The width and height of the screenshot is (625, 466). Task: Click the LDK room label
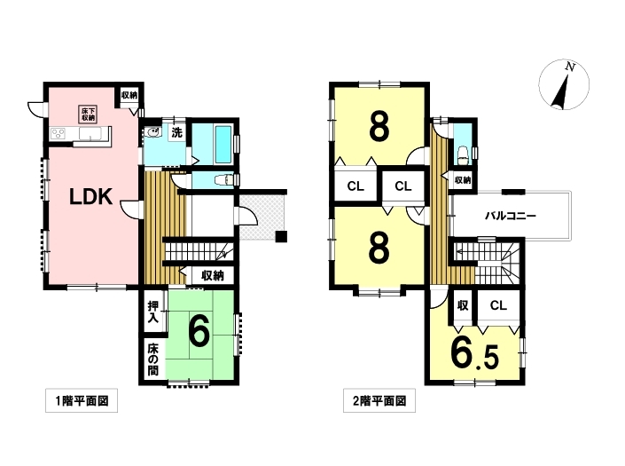tap(91, 197)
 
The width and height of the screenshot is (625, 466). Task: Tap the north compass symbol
tap(564, 84)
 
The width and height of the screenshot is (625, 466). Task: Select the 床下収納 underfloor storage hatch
tap(88, 115)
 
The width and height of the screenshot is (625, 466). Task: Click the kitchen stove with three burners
tap(59, 133)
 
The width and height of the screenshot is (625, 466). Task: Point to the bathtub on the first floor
tap(223, 145)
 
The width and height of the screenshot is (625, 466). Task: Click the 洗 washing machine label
tap(176, 132)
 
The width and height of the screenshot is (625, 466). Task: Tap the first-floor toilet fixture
tap(223, 180)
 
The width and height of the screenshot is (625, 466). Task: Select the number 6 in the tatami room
tap(199, 333)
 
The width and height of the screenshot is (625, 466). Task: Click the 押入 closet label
tap(153, 312)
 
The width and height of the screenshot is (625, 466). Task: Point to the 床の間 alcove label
tap(153, 359)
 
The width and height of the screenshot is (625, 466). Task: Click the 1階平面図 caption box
tap(82, 400)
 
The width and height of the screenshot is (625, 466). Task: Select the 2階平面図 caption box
tap(379, 400)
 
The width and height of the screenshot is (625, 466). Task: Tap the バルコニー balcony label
tap(511, 216)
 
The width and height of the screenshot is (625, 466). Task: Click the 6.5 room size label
tap(474, 353)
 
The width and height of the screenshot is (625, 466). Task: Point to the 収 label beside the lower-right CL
tap(463, 305)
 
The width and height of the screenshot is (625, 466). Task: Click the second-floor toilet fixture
tap(463, 154)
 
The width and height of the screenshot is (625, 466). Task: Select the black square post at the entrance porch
tap(281, 236)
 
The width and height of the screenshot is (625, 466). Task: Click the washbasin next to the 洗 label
tap(153, 132)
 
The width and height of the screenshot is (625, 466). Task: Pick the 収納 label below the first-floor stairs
tap(213, 275)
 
